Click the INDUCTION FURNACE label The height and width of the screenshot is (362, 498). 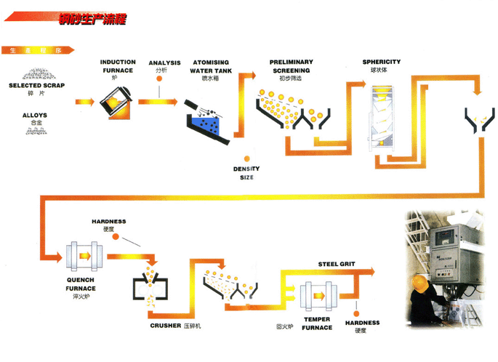click(x=118, y=65)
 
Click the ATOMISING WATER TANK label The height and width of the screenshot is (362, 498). click(x=211, y=67)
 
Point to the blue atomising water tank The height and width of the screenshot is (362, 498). click(x=208, y=124)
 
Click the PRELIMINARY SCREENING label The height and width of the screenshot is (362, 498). click(x=291, y=66)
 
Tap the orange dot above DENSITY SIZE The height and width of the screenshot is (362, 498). click(x=246, y=158)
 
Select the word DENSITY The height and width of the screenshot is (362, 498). click(x=246, y=169)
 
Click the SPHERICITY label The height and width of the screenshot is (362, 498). click(x=381, y=62)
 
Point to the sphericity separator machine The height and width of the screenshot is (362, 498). click(x=382, y=116)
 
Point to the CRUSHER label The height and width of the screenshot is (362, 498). click(x=165, y=325)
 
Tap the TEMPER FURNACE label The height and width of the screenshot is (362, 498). click(x=317, y=324)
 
